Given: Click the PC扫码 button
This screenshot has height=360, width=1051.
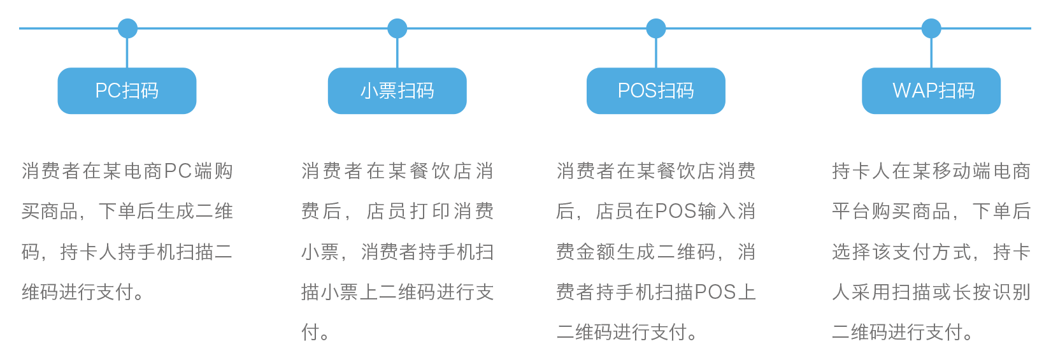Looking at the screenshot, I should click(x=127, y=91).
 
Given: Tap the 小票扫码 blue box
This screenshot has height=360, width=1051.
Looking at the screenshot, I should click(x=397, y=91).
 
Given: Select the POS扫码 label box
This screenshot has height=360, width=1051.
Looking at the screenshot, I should click(x=655, y=91).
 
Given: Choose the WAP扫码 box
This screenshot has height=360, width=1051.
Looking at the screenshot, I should click(x=931, y=91).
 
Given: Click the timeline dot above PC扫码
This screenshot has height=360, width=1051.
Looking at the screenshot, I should click(x=127, y=29).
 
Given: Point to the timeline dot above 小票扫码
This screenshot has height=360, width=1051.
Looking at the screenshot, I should click(x=397, y=29).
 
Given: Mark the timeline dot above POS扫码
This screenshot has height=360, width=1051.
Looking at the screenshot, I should click(x=655, y=29).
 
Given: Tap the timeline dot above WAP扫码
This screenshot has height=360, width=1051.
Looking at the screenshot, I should click(x=931, y=29).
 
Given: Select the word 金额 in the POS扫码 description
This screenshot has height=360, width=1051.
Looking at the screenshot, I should click(x=587, y=252).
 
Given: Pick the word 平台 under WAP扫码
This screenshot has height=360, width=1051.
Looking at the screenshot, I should click(x=851, y=212).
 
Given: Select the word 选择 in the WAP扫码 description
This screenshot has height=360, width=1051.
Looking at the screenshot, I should click(x=851, y=252).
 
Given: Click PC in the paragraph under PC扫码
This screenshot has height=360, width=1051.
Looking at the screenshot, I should click(x=178, y=171).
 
